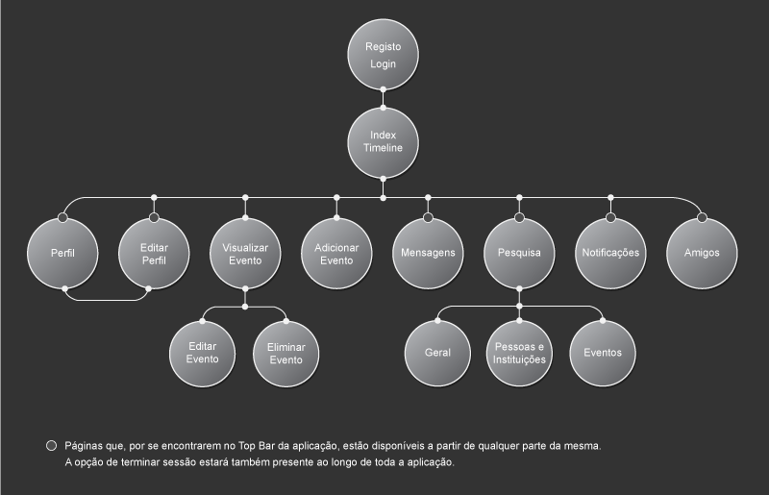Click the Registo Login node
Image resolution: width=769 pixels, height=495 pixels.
[x=384, y=55]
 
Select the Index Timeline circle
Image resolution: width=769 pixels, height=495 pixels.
[x=384, y=142]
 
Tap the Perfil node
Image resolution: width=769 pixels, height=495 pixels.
[x=62, y=254]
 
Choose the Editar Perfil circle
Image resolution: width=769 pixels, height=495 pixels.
[x=154, y=254]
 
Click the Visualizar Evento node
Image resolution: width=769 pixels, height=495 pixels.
[x=245, y=254]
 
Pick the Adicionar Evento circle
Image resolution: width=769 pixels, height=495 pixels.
[x=336, y=254]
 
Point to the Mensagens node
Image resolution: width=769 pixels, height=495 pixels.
[x=428, y=254]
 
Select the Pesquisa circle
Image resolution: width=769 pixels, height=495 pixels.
[x=519, y=254]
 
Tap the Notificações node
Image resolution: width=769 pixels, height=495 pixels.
[x=610, y=254]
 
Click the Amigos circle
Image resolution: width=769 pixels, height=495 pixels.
[x=702, y=254]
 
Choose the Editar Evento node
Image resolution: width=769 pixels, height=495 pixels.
[x=202, y=353]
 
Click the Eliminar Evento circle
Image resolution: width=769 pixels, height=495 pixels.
[x=285, y=353]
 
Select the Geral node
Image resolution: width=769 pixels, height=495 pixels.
[x=437, y=353]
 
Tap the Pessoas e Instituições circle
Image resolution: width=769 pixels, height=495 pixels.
[x=519, y=353]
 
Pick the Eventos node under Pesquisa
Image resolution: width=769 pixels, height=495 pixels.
[x=603, y=353]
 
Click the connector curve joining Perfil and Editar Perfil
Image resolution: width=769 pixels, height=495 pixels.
[x=106, y=300]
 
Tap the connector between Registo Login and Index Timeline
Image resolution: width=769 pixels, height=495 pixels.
[x=384, y=98]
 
